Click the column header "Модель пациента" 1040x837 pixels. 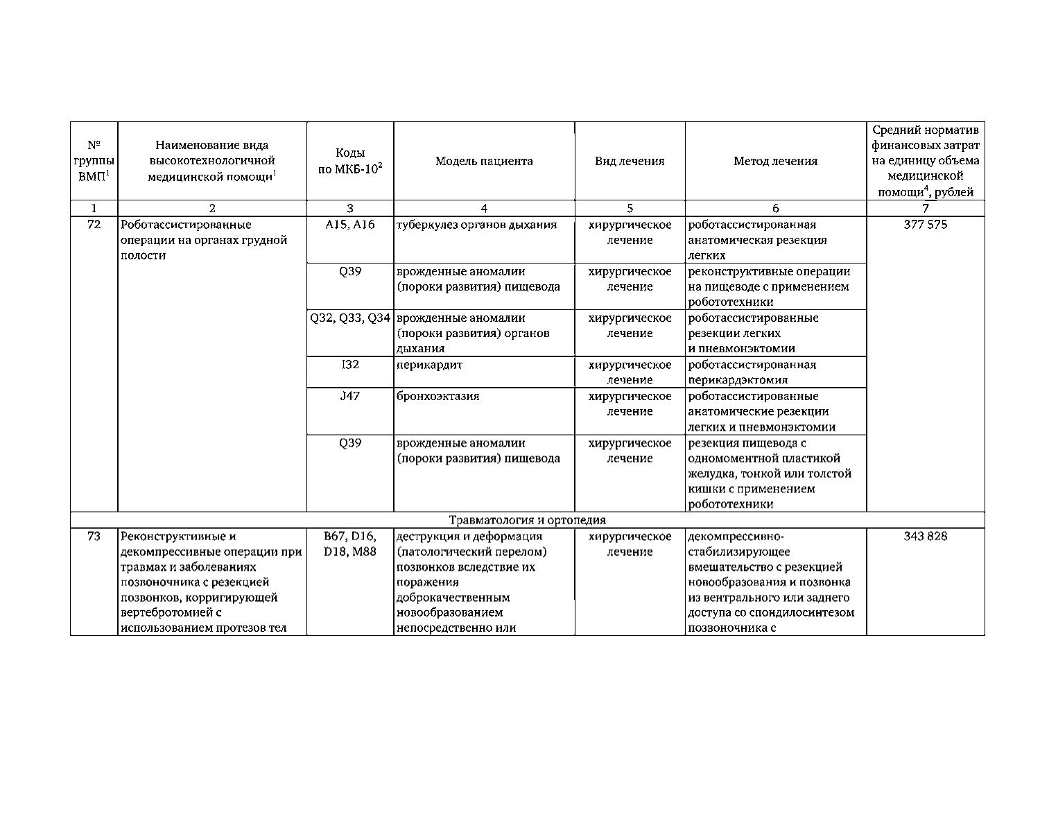(484, 162)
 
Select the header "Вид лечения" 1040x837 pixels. (630, 162)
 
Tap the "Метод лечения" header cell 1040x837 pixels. (775, 162)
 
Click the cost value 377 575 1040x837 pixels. (925, 225)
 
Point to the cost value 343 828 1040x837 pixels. (925, 536)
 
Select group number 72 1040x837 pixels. (94, 225)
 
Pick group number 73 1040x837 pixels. (94, 536)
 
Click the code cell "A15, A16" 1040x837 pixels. (350, 225)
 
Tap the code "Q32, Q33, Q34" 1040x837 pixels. (350, 318)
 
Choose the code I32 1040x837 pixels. (350, 364)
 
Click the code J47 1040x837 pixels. (350, 396)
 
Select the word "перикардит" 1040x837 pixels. (429, 365)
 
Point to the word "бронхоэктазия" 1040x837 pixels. (437, 396)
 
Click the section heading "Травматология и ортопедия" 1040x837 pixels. (527, 520)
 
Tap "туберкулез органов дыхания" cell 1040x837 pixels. (476, 225)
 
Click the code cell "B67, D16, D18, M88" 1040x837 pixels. (350, 544)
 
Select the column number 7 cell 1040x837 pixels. (925, 208)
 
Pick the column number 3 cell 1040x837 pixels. (350, 208)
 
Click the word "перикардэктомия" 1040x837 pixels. (738, 380)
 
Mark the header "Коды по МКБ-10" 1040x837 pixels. (350, 162)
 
